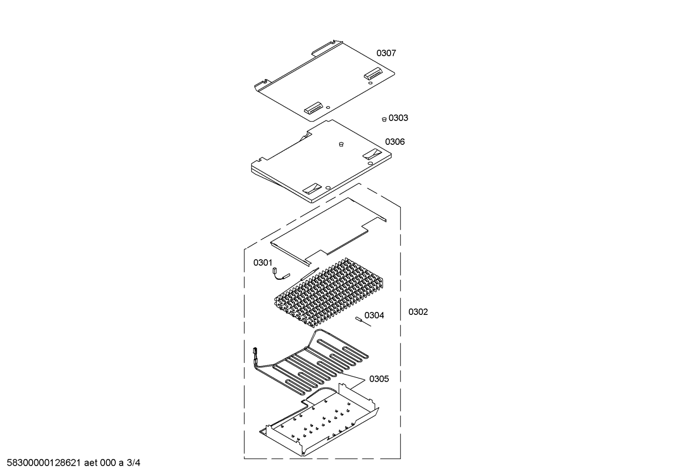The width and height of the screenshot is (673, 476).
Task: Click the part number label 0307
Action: click(386, 53)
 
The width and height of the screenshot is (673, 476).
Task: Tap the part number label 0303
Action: click(398, 118)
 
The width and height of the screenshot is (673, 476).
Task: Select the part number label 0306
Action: click(395, 142)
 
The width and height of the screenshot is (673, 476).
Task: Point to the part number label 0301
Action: click(263, 263)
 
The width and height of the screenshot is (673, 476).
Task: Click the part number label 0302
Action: click(418, 312)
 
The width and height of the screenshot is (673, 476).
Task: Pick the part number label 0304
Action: click(374, 315)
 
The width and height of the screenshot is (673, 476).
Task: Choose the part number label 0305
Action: click(379, 379)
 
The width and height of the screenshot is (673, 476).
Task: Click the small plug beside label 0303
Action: click(384, 120)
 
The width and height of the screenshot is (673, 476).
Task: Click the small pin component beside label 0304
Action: click(363, 321)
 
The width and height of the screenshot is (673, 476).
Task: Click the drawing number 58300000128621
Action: click(44, 463)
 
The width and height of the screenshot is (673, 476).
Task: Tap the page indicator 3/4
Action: click(133, 463)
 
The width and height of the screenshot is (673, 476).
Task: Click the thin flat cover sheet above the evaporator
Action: click(329, 232)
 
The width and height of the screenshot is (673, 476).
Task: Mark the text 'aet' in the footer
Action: click(91, 463)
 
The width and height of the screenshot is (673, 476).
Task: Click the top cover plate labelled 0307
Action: click(324, 81)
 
